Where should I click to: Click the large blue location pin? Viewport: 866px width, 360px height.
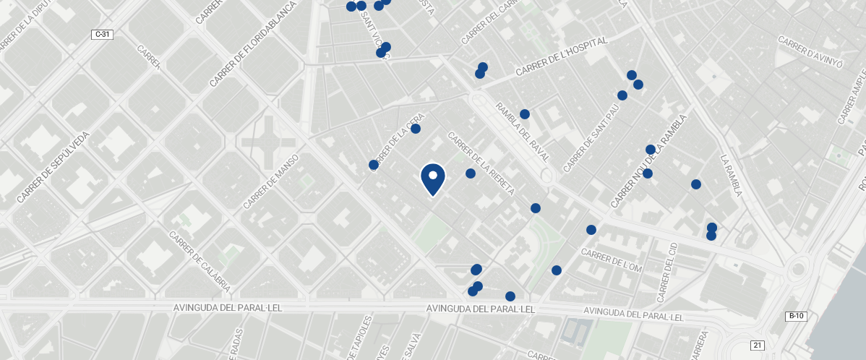[x=432, y=179]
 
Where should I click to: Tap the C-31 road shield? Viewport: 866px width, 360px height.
[x=102, y=35]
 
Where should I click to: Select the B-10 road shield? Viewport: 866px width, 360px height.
[x=795, y=317]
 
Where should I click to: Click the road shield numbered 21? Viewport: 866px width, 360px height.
[x=757, y=346]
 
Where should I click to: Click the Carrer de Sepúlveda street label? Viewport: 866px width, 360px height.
[x=53, y=166]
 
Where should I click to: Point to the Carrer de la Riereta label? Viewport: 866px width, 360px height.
[x=481, y=163]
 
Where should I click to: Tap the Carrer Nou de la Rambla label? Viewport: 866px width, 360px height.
[x=647, y=166]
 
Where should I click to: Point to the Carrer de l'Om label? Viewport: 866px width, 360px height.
[x=611, y=261]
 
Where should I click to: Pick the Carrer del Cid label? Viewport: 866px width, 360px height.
[x=666, y=273]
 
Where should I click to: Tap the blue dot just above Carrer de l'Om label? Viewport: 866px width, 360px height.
[x=591, y=230]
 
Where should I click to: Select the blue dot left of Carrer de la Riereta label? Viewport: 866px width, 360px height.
[x=470, y=173]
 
